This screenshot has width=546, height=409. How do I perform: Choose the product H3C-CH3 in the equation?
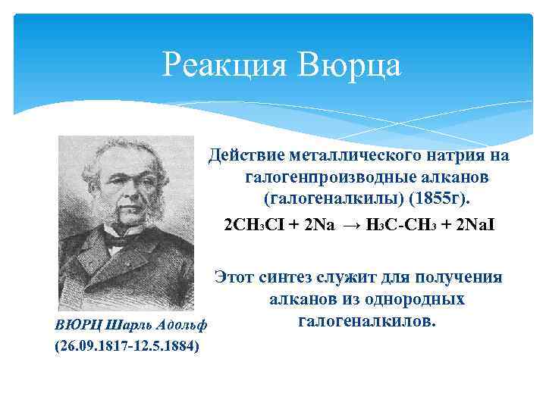tap(400, 226)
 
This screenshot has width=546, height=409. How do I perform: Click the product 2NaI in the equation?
tap(472, 226)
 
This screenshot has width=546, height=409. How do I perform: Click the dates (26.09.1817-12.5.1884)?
tap(127, 346)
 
